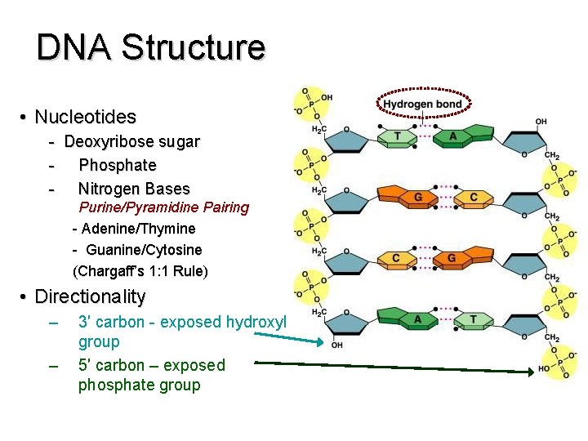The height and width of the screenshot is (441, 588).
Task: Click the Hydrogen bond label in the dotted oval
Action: (422, 104)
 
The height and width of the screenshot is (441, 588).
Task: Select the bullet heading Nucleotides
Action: (85, 118)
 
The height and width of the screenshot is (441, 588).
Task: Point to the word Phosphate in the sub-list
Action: (117, 165)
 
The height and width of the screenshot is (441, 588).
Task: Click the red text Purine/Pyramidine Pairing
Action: (163, 207)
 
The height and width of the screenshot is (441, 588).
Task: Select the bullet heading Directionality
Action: (90, 296)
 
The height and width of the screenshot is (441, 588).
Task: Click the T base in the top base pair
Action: (398, 136)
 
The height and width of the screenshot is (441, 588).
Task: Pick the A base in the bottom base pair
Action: (417, 318)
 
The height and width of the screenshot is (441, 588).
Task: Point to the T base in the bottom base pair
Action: (473, 318)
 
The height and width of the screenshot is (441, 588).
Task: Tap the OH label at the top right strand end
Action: (541, 122)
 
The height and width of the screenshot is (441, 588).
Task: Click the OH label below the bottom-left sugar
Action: (337, 344)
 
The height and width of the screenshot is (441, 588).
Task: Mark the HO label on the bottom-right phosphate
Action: (545, 368)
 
